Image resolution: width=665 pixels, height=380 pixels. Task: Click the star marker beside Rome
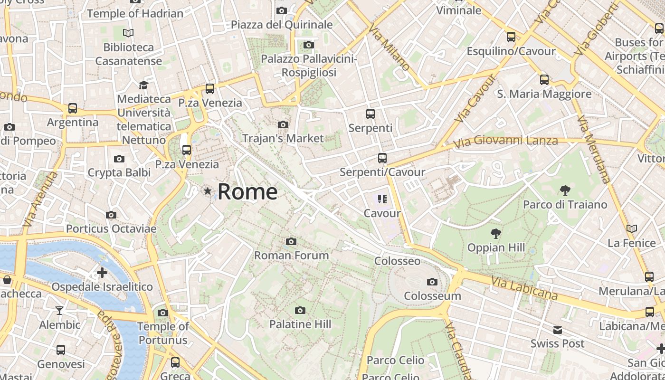pos(208,191)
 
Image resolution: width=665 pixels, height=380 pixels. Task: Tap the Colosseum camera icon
pos(432,282)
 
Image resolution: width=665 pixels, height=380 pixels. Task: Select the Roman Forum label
pos(291,255)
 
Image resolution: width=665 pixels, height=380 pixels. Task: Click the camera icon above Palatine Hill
pos(300,311)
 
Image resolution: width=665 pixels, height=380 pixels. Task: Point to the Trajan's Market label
pos(283,138)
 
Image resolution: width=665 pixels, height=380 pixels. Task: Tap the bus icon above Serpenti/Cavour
pos(382,158)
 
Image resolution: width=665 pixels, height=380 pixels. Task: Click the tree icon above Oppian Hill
pos(496,233)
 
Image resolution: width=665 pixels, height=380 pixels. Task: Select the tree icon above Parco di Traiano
pos(565,190)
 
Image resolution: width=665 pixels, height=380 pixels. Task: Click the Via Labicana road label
pos(524,288)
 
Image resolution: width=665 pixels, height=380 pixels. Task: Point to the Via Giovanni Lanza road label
pos(505,142)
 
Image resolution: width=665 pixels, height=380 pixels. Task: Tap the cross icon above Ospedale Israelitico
pos(102,273)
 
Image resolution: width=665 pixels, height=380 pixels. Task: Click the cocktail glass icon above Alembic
pos(59,311)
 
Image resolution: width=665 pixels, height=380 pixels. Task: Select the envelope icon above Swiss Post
pos(557,330)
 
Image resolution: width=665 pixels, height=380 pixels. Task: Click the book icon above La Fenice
pos(631,229)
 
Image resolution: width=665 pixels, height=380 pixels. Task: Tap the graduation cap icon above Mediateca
pos(143,85)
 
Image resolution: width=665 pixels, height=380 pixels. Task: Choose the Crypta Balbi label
pos(119,172)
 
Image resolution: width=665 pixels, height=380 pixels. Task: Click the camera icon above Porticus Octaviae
pos(111,215)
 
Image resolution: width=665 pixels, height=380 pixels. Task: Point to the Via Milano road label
pos(389,48)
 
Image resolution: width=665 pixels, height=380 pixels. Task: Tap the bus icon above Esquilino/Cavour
pos(511,37)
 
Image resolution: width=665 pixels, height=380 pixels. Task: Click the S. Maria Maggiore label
pos(544,94)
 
